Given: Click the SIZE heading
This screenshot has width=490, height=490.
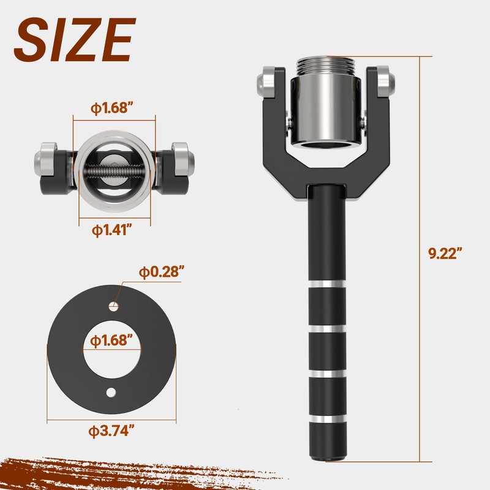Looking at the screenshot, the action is [x=75, y=40].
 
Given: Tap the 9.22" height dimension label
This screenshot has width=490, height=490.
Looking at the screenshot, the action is [x=445, y=253].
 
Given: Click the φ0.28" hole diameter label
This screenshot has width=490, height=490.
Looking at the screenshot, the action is [x=161, y=272].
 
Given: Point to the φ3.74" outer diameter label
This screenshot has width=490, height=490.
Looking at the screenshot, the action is [x=111, y=431].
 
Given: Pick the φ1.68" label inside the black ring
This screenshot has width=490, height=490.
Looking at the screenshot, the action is [x=111, y=341].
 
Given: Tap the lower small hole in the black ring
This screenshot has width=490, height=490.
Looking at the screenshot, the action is [x=111, y=393].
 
